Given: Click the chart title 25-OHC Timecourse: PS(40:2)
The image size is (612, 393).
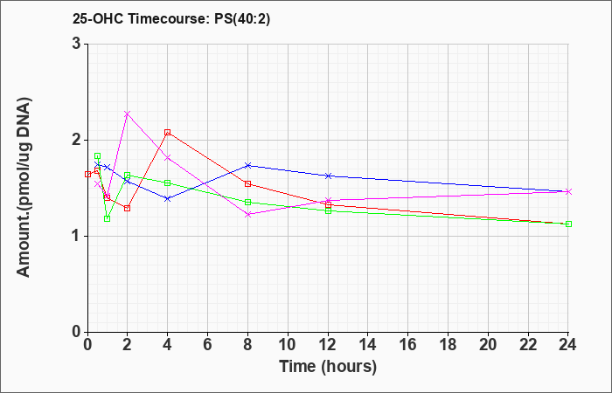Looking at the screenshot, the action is click(x=171, y=18).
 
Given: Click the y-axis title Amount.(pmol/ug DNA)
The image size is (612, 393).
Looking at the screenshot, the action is click(x=24, y=188).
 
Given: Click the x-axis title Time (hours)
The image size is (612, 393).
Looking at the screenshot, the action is click(x=328, y=367).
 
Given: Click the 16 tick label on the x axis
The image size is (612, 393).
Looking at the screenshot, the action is click(x=408, y=345).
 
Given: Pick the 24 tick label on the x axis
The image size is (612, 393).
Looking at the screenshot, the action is click(x=567, y=345).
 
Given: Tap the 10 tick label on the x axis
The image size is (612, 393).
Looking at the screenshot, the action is click(x=288, y=345).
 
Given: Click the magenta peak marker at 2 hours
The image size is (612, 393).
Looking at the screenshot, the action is click(x=128, y=114).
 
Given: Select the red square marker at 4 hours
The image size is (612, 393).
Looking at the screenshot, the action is click(x=168, y=132).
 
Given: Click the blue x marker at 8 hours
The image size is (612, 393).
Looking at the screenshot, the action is click(x=247, y=165).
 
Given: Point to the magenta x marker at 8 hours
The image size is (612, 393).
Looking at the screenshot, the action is click(x=247, y=214).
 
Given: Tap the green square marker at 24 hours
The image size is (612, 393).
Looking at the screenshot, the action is click(x=568, y=224).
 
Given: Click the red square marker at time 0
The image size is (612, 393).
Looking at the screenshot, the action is click(x=87, y=174).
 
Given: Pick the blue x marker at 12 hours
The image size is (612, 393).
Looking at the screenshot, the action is click(x=328, y=176).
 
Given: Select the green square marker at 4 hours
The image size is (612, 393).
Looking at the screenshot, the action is click(x=168, y=183).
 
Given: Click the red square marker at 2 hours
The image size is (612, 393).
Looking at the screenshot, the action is click(x=128, y=208).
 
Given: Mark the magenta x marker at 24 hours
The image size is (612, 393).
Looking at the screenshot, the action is click(x=568, y=191).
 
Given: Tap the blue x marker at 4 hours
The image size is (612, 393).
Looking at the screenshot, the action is click(x=168, y=198).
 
